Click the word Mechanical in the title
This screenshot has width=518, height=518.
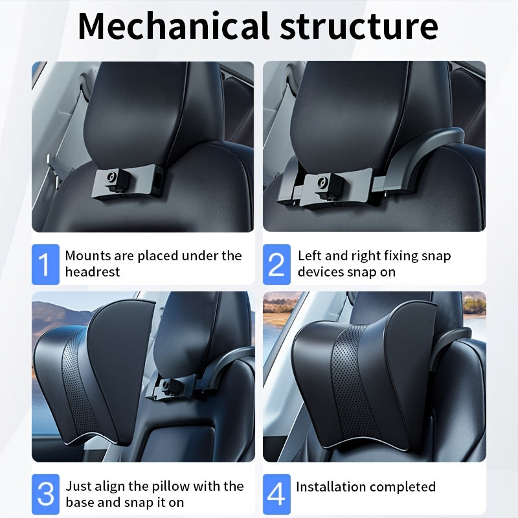click(174, 26)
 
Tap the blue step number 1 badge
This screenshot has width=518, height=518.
click(45, 264)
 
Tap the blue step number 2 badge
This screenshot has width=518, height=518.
click(276, 264)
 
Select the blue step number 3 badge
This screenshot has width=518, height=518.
click(45, 494)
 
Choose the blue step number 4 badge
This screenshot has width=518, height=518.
click(276, 494)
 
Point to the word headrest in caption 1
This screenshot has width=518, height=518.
click(93, 272)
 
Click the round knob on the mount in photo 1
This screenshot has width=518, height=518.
click(111, 176)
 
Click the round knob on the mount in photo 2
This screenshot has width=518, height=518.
click(322, 182)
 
